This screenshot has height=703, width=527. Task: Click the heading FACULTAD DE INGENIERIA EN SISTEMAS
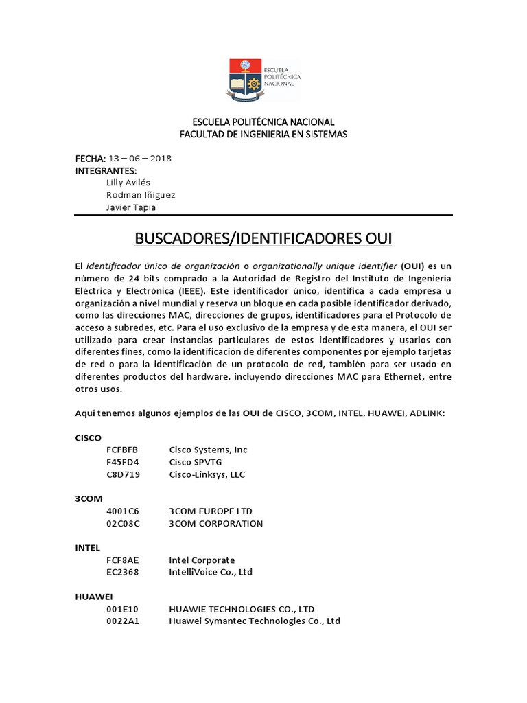click(263, 134)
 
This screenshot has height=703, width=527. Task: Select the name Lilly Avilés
click(129, 183)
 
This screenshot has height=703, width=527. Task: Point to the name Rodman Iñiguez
click(141, 195)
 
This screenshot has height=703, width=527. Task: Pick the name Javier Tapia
click(131, 207)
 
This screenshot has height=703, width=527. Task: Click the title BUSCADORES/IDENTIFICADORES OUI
click(263, 239)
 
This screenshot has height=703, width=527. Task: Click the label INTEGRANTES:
click(106, 170)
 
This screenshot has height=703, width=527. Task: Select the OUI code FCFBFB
click(122, 450)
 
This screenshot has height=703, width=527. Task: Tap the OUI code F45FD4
click(122, 462)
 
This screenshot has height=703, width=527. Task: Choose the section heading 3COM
click(88, 499)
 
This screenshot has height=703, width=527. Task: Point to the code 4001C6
click(122, 511)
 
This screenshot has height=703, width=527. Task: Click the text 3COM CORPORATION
click(215, 524)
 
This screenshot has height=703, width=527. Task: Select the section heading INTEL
click(87, 548)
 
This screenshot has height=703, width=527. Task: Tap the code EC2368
click(122, 573)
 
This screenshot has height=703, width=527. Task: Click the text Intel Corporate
click(202, 560)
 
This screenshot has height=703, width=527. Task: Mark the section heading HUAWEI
click(93, 597)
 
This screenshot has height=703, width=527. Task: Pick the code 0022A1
click(122, 621)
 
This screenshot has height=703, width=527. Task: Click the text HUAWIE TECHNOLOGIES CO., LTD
click(242, 609)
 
